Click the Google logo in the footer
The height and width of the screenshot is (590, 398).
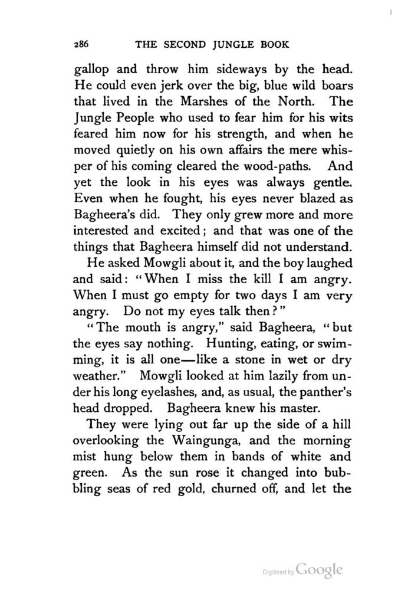coord(319,569)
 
